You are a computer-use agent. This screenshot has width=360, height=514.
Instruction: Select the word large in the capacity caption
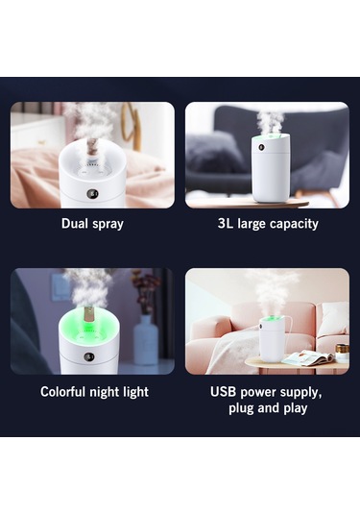pyautogui.click(x=254, y=224)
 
